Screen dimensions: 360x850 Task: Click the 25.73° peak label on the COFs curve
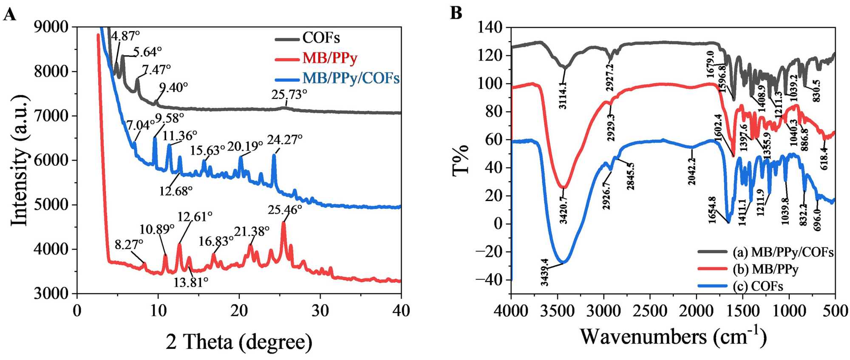(x=289, y=94)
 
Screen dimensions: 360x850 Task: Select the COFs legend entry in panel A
(x=321, y=38)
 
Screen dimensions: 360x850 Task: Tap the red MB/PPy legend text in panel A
(x=330, y=58)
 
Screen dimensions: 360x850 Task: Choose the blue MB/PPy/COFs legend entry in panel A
(x=351, y=78)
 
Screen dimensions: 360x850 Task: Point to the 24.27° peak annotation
(x=284, y=139)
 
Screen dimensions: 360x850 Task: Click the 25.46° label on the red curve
(x=285, y=210)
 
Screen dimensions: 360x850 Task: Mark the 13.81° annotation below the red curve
(x=190, y=281)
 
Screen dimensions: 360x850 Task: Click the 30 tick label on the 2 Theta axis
(x=320, y=311)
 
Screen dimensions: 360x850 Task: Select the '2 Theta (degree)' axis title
(x=239, y=341)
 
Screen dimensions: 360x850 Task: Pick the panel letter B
(x=456, y=13)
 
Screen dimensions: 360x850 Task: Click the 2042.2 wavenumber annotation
(x=692, y=171)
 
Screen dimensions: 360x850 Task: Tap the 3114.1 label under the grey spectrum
(x=563, y=96)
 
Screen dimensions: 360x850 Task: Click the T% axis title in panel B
(x=461, y=160)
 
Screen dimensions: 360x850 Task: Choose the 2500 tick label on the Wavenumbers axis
(x=650, y=311)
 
